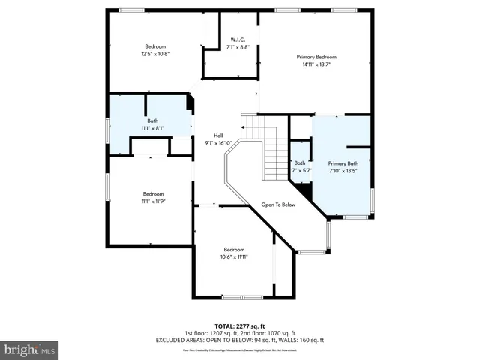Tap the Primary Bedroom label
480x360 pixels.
pos(316,57)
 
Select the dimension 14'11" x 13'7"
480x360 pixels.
pos(316,64)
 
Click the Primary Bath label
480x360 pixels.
pos(343,163)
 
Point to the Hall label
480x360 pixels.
pos(218,136)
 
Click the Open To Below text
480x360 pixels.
pos(278,205)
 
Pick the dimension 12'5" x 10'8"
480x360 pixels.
pos(155,54)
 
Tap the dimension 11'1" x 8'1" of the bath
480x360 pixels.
pos(152,128)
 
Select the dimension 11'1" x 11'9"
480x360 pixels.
pos(153,201)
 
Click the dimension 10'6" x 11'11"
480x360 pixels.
pos(233,257)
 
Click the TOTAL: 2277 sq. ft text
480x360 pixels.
pos(239,325)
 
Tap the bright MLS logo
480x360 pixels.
pos(30,349)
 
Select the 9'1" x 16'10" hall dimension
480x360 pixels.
pos(218,143)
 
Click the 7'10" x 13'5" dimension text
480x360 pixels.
pos(343,170)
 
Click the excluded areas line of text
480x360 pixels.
pos(239,340)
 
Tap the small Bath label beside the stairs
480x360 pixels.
pos(300,163)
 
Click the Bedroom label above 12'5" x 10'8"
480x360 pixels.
pos(155,46)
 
